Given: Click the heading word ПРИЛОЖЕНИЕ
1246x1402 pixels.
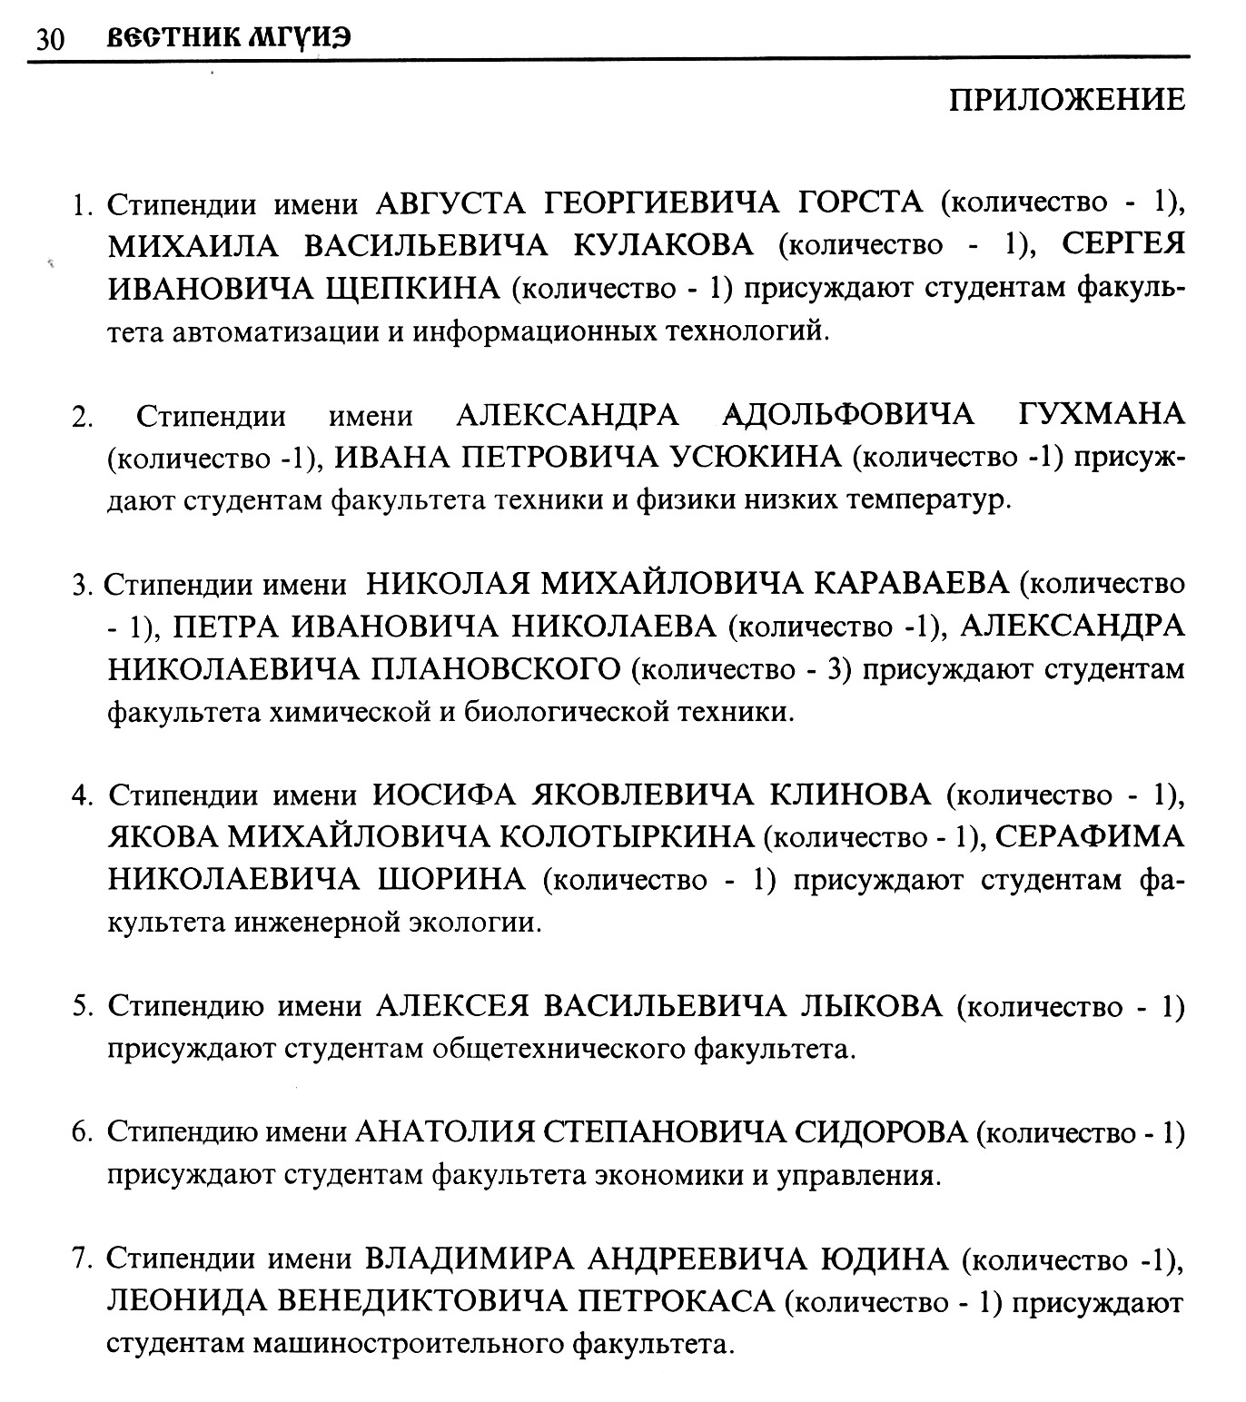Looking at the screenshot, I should tap(1067, 100).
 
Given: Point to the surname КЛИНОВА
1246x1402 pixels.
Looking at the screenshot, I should tap(850, 795).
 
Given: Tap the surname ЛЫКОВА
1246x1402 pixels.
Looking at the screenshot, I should tap(872, 1007).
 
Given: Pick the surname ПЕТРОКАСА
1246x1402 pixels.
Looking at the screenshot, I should tap(677, 1303).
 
